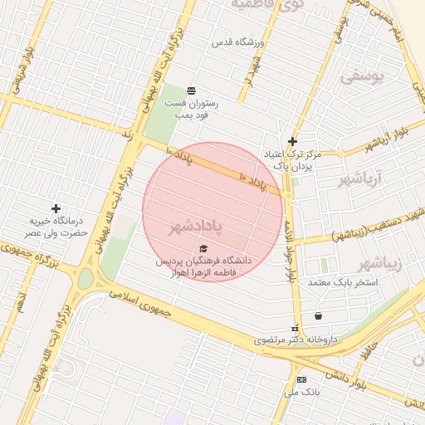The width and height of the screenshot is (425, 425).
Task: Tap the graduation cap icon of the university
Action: [x=204, y=247]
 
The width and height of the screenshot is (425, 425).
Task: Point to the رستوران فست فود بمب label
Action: [x=192, y=110]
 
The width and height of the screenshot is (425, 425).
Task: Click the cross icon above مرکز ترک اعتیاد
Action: [x=292, y=142]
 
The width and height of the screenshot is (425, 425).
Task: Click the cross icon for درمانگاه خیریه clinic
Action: [x=56, y=208]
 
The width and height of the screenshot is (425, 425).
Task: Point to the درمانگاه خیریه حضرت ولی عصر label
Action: [x=56, y=227]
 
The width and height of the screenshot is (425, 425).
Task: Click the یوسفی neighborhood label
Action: [x=364, y=77]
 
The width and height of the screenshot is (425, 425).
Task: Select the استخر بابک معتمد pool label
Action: [x=343, y=282]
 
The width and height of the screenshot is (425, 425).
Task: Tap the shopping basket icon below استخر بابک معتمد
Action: [x=319, y=315]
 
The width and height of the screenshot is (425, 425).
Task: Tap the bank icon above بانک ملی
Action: [x=300, y=379]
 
